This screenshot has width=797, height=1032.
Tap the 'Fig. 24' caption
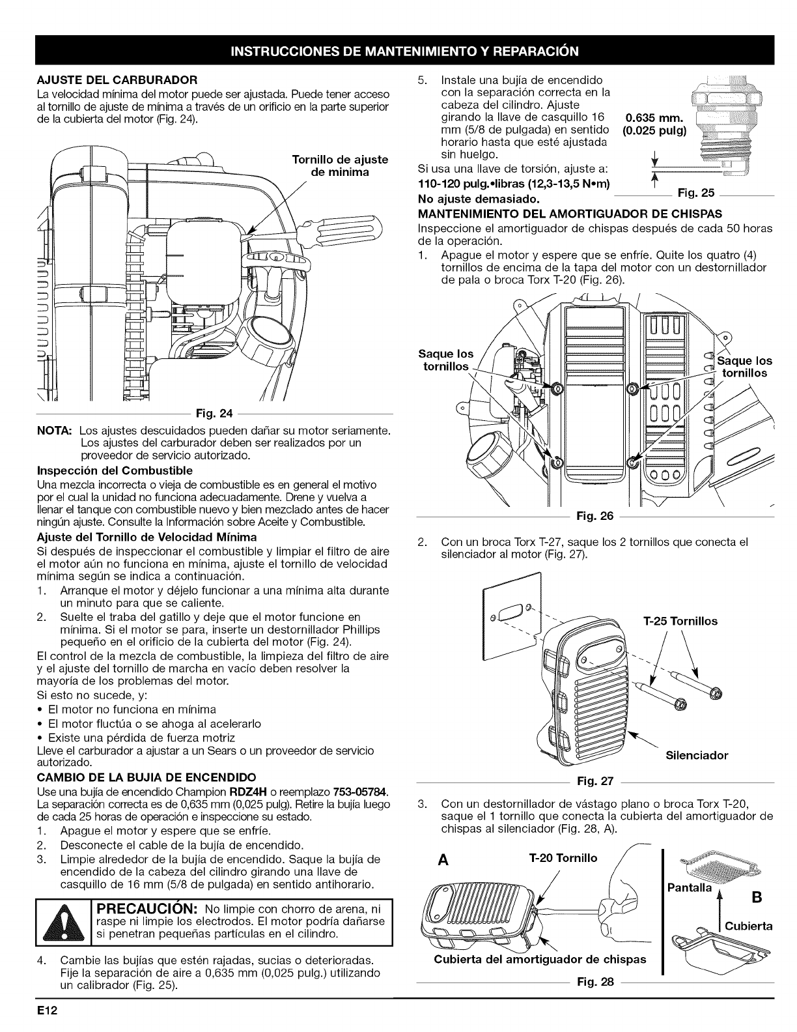pyautogui.click(x=205, y=414)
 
